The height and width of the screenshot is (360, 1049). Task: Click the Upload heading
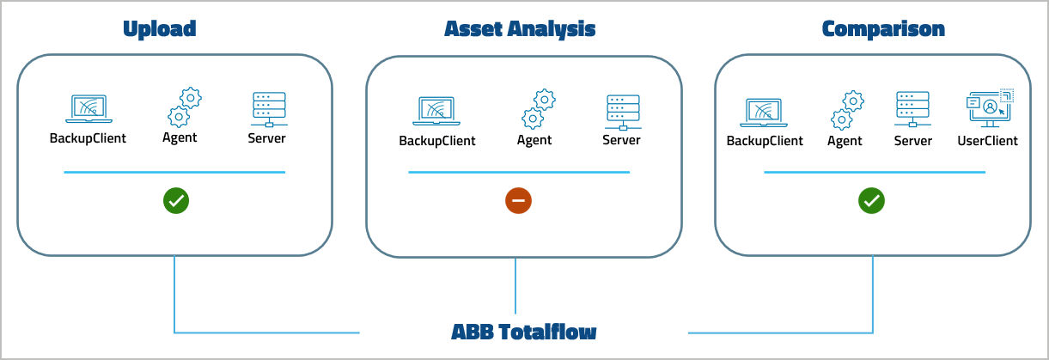click(160, 29)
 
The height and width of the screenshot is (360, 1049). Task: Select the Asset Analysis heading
click(520, 29)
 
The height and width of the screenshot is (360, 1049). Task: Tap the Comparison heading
click(883, 29)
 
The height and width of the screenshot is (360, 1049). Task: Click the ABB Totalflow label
click(523, 332)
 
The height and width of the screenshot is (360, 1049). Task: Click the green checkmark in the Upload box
click(176, 201)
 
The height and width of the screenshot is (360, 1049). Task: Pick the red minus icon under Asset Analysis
click(518, 201)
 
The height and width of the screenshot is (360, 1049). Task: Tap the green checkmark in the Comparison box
click(871, 201)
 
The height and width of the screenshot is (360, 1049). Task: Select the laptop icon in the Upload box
click(88, 109)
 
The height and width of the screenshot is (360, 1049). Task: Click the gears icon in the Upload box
click(182, 107)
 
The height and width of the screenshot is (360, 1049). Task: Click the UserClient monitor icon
click(989, 108)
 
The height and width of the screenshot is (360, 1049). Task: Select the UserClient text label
click(987, 141)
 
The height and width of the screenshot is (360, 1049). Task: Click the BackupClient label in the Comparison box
click(765, 141)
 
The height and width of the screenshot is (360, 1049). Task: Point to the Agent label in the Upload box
click(180, 137)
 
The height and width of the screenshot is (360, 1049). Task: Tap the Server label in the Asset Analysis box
click(621, 140)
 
